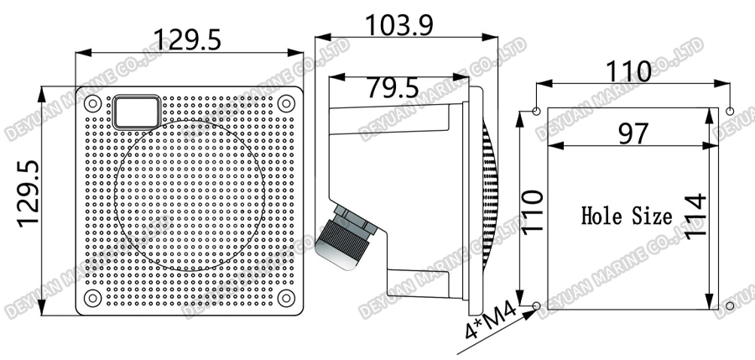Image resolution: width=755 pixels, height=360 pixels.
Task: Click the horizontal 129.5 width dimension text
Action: click(x=188, y=39)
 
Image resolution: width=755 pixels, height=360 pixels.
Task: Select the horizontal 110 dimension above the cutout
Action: click(x=629, y=72)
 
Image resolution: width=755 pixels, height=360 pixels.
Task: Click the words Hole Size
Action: click(x=627, y=217)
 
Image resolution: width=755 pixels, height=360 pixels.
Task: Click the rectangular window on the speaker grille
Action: click(x=137, y=112)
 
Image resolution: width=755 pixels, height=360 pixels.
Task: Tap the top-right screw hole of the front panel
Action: click(x=286, y=104)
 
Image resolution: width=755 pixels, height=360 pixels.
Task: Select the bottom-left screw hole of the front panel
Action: click(x=92, y=298)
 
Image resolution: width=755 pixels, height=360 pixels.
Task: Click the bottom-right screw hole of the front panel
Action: click(x=286, y=298)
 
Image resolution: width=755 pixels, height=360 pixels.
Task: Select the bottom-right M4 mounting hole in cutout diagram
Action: click(x=730, y=305)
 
